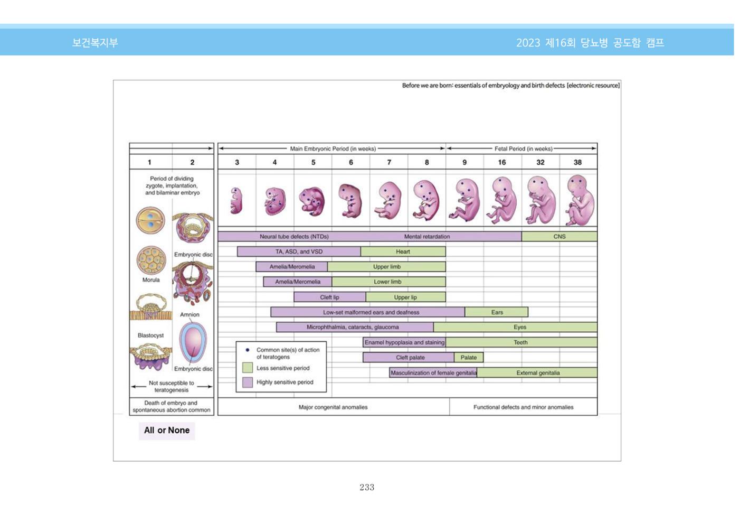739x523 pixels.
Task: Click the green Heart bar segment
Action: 403,251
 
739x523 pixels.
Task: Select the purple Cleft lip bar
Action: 329,297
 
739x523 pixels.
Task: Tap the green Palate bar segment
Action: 469,358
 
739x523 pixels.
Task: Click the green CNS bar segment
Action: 559,237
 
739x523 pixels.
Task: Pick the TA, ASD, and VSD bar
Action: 299,251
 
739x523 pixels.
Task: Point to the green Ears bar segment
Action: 497,312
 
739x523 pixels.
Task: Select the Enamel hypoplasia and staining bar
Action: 404,342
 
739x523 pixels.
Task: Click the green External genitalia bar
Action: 537,373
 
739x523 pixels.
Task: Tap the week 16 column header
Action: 502,163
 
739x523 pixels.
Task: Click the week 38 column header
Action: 577,163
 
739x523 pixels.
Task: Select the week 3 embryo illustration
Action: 236,201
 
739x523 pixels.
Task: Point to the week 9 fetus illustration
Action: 465,200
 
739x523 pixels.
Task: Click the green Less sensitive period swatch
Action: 248,368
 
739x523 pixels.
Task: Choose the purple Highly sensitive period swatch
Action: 248,382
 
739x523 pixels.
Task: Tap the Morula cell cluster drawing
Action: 151,260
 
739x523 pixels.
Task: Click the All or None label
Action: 167,430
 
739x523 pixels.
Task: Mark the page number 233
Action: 367,487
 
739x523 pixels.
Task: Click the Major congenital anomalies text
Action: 333,407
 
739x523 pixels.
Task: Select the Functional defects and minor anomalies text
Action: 523,407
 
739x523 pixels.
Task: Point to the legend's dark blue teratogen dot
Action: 248,350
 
